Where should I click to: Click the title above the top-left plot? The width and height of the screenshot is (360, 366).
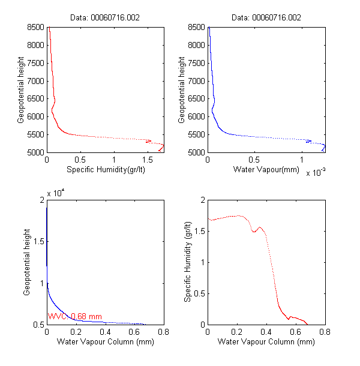click(x=105, y=18)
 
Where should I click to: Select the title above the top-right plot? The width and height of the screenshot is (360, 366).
click(x=266, y=18)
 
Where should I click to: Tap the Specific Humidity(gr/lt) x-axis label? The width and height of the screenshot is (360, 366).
click(x=106, y=170)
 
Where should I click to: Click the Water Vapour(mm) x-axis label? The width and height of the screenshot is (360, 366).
click(x=266, y=170)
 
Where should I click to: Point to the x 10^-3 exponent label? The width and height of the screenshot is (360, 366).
click(x=316, y=173)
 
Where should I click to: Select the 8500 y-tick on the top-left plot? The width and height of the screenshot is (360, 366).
click(x=35, y=27)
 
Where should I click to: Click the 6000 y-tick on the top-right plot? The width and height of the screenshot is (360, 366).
click(x=196, y=116)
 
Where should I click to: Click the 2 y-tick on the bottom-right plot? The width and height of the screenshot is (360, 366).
click(x=202, y=200)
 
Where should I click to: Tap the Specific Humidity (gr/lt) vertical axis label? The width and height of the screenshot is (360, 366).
click(x=187, y=262)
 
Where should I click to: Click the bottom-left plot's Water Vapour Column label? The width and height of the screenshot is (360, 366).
click(x=106, y=342)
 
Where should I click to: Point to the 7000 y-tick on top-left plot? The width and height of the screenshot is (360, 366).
click(x=35, y=80)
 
